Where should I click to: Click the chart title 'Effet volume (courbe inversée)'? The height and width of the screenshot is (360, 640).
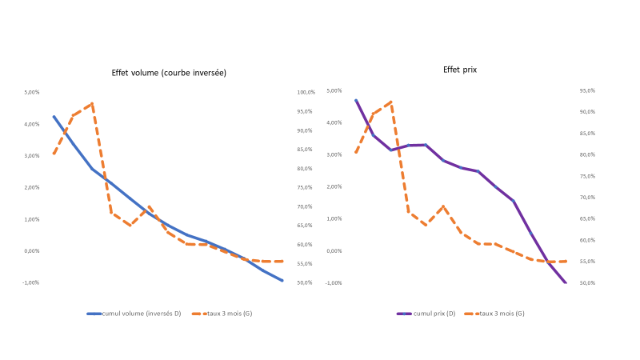[169, 73]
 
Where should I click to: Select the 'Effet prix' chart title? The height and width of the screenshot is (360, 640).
[460, 70]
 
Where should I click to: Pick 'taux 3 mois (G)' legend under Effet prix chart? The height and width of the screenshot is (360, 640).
[499, 314]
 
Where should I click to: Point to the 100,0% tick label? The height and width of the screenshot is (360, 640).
[306, 92]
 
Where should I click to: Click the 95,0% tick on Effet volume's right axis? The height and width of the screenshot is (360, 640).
[306, 111]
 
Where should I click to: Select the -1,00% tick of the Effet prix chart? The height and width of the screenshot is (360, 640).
[334, 282]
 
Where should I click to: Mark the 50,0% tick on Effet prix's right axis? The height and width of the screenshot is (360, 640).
[587, 282]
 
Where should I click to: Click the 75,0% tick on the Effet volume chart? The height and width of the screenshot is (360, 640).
[306, 188]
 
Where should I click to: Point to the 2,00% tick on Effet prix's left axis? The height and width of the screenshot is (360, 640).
[334, 186]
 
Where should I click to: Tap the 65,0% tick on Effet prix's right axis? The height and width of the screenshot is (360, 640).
[587, 218]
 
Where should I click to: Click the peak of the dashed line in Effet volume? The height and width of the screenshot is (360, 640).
[93, 103]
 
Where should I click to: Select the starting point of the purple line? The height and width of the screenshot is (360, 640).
[355, 100]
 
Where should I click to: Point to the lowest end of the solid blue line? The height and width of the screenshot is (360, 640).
[282, 281]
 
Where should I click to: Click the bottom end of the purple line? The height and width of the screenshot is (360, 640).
[566, 282]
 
